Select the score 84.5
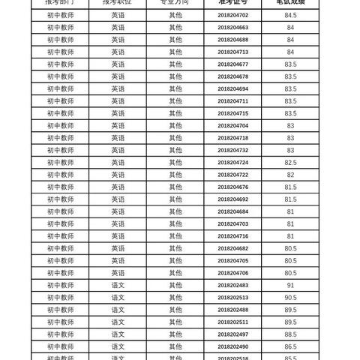click(290, 14)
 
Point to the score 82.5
click(290, 162)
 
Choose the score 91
click(290, 285)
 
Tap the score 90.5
click(290, 297)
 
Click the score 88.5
click(290, 334)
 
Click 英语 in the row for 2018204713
click(118, 51)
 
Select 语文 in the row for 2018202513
click(118, 297)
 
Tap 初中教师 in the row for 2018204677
click(60, 64)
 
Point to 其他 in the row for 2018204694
click(175, 88)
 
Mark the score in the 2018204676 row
click(290, 187)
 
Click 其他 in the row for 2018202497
click(175, 334)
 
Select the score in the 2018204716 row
click(290, 235)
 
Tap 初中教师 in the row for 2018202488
click(60, 309)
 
